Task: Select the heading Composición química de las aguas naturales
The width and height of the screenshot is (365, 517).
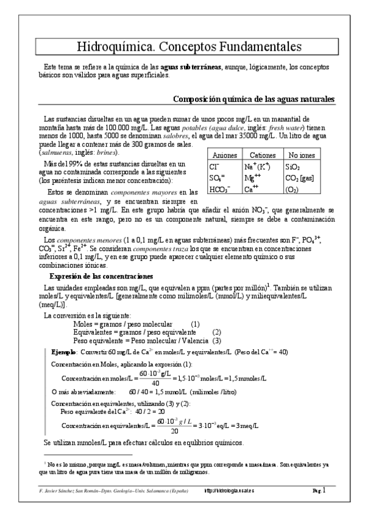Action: pos(253,100)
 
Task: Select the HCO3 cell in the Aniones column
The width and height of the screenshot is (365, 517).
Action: pos(219,190)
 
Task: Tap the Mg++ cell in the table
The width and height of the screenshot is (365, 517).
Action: pos(252,178)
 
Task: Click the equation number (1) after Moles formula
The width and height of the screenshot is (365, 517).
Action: pos(196,324)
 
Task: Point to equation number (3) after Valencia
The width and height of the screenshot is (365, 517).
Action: pos(216,341)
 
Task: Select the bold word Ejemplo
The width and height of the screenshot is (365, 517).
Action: pos(63,352)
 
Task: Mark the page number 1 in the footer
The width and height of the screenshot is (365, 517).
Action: pos(324,489)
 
